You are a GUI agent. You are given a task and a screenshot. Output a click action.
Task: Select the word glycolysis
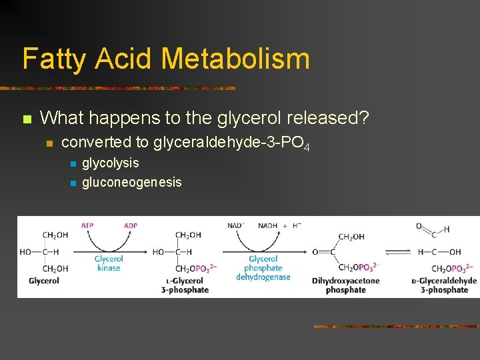coord(111,163)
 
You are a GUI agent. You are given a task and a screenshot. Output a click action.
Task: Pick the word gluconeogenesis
coord(131,182)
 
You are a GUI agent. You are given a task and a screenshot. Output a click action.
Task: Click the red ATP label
coord(87,225)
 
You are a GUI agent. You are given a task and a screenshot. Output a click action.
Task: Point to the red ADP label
coord(131,225)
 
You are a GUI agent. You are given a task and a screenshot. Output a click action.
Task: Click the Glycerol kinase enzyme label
coord(109,263)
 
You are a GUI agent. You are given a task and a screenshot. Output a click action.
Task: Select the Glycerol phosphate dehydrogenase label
coord(263,268)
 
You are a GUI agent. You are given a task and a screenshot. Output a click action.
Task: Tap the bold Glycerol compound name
coord(44,281)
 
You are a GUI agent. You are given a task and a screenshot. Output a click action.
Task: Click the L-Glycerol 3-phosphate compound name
coord(185,285)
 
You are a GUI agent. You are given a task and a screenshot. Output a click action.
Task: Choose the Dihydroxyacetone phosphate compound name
coord(345,285)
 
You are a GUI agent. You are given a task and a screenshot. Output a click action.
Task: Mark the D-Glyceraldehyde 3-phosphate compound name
coord(444,285)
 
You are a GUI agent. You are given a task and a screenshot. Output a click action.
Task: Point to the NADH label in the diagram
coord(268,225)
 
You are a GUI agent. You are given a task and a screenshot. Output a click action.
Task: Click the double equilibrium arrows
coord(398,252)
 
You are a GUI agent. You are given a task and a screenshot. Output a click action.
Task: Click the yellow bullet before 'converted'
coord(49,143)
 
